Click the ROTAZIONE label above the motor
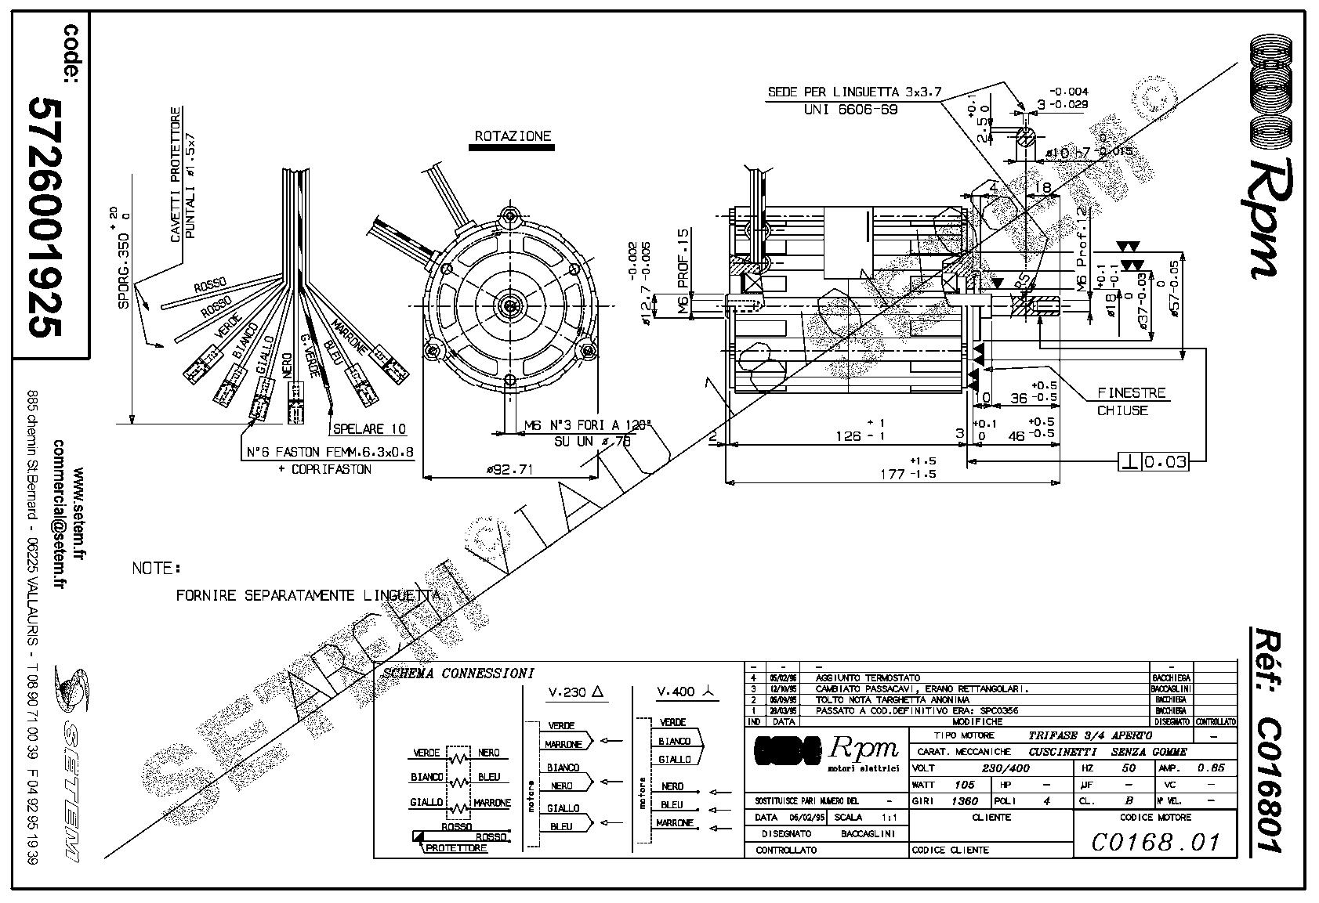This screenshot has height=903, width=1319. (513, 136)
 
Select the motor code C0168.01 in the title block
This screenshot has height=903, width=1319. (1155, 842)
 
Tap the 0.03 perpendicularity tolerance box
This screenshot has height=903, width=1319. (1165, 462)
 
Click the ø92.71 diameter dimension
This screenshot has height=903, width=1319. (510, 470)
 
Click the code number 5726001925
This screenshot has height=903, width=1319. (45, 217)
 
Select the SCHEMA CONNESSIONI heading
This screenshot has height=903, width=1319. (458, 673)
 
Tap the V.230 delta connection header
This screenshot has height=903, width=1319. (578, 692)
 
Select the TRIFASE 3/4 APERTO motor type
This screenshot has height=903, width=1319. (1089, 735)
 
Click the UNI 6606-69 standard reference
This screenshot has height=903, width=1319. (850, 110)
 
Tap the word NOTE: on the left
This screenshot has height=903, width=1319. (156, 567)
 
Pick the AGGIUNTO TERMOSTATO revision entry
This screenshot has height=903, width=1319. (868, 677)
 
